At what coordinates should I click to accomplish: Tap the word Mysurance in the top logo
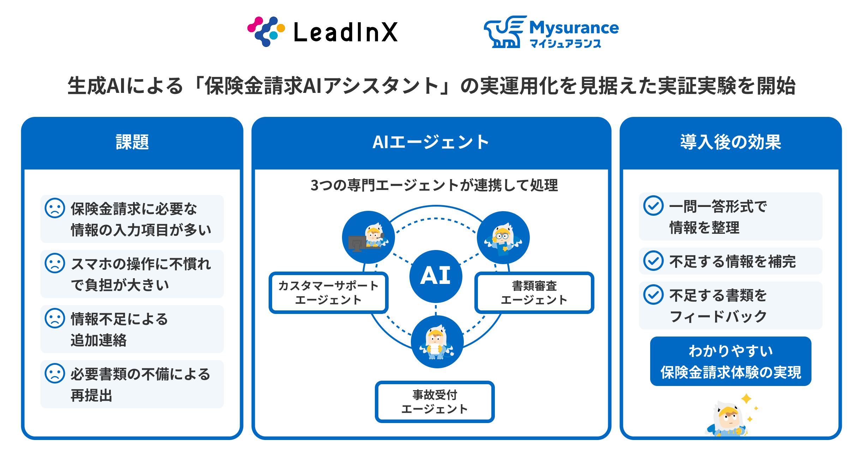574,28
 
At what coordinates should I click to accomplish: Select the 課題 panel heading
132,142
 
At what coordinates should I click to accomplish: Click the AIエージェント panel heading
431,142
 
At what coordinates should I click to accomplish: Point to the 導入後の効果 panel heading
731,142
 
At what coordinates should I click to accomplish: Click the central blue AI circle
436,276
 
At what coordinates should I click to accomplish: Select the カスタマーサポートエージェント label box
328,293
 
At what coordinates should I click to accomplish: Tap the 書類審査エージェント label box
534,293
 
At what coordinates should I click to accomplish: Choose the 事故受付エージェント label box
435,402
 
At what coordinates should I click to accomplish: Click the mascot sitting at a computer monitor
368,237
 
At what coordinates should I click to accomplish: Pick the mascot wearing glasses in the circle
503,238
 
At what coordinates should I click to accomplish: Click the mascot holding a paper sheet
437,342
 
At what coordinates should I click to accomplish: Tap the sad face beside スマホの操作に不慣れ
55,263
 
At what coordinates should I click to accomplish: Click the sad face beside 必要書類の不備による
55,373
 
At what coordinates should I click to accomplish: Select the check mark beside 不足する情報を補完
653,261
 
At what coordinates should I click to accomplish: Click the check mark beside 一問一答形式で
653,206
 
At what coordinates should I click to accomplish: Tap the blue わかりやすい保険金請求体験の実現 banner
730,361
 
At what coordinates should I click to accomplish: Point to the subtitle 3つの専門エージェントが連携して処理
434,185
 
